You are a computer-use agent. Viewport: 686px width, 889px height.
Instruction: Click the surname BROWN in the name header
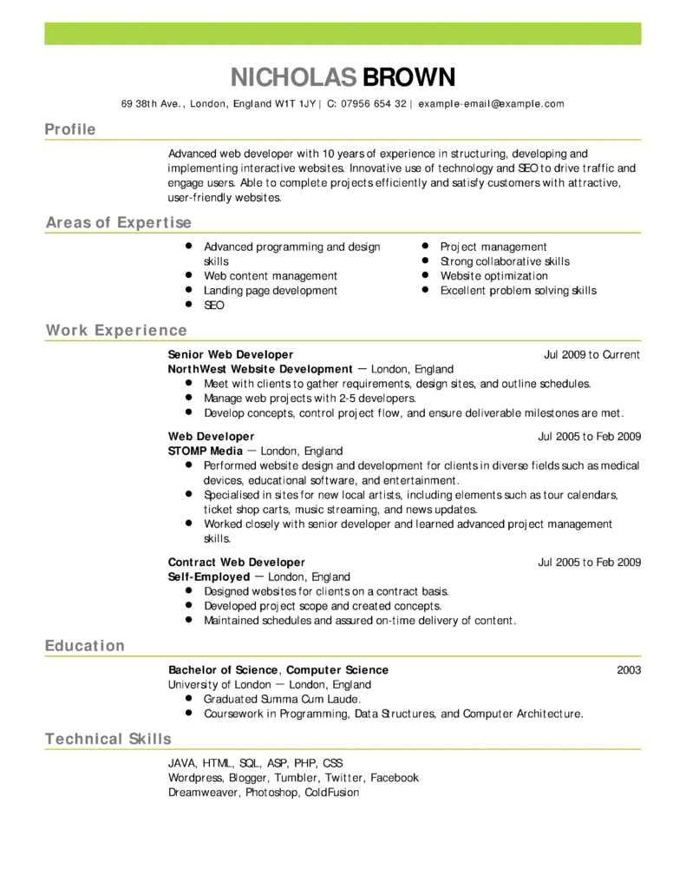click(x=408, y=77)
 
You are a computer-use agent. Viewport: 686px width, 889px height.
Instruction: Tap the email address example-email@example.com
click(x=491, y=104)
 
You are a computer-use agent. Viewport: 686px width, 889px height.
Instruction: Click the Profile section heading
click(x=70, y=129)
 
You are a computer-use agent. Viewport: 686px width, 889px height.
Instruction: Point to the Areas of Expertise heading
click(x=118, y=223)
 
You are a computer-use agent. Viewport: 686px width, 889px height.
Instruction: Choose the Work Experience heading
click(x=116, y=331)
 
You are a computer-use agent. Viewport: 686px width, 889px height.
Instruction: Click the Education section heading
click(x=85, y=646)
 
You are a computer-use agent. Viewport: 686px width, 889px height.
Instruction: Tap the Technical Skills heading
click(x=108, y=740)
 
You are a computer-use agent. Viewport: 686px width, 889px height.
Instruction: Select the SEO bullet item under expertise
click(x=213, y=306)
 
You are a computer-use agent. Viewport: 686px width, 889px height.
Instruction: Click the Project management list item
click(x=493, y=247)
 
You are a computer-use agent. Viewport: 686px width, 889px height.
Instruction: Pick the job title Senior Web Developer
click(x=231, y=355)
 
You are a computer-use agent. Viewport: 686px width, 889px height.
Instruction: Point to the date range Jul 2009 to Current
click(x=591, y=355)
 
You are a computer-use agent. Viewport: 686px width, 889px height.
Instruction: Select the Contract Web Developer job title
click(x=237, y=563)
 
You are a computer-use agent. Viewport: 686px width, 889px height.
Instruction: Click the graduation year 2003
click(x=629, y=670)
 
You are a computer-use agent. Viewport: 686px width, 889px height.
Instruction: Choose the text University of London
click(x=219, y=685)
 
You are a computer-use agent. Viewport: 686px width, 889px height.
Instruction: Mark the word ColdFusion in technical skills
click(x=331, y=793)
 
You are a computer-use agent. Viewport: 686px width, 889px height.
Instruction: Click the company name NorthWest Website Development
click(x=260, y=369)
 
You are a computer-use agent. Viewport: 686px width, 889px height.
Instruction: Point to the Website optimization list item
click(x=493, y=276)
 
